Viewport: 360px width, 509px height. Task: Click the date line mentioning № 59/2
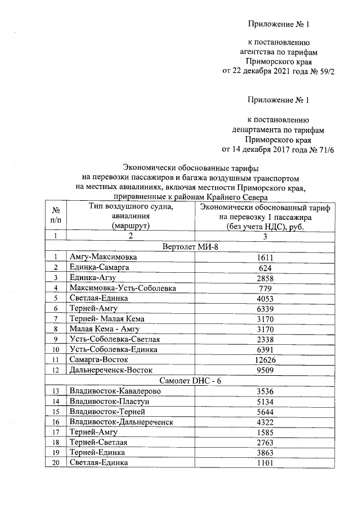point(278,71)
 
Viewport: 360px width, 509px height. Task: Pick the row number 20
point(56,462)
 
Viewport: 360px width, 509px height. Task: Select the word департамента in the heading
point(269,129)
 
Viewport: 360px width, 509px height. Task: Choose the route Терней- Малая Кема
point(107,318)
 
